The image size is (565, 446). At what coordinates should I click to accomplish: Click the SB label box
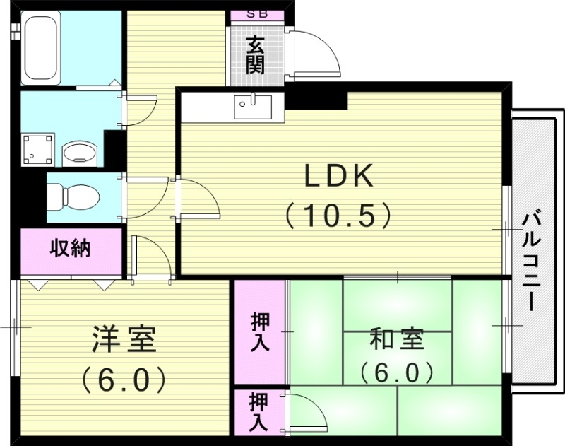pyautogui.click(x=257, y=14)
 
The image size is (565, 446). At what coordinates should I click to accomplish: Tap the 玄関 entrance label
pyautogui.click(x=256, y=56)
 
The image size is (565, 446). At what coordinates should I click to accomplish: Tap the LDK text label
pyautogui.click(x=338, y=177)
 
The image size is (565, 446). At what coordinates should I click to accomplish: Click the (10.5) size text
pyautogui.click(x=338, y=214)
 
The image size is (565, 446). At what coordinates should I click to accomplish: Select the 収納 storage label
pyautogui.click(x=69, y=249)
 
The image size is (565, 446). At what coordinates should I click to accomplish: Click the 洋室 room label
pyautogui.click(x=124, y=340)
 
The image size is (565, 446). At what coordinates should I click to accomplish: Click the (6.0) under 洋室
pyautogui.click(x=124, y=380)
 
